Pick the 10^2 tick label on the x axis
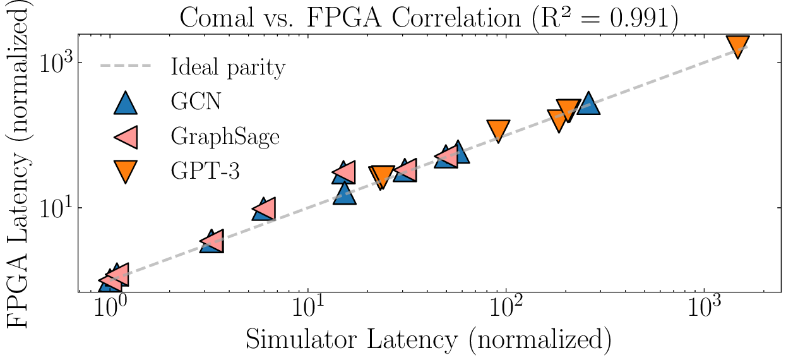506,311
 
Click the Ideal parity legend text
228,67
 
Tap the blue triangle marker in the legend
125,102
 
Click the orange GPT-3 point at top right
738,46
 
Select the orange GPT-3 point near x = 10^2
499,130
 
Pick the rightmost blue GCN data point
588,102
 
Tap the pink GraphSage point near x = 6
264,208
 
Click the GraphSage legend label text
224,137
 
